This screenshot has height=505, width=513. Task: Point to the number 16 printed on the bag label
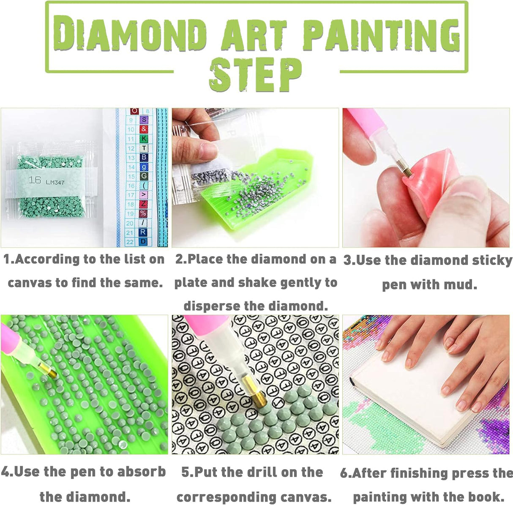(35, 180)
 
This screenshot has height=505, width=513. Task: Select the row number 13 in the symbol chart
(131, 158)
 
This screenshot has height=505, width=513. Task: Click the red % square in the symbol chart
(144, 213)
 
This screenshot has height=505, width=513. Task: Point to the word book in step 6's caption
(485, 496)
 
